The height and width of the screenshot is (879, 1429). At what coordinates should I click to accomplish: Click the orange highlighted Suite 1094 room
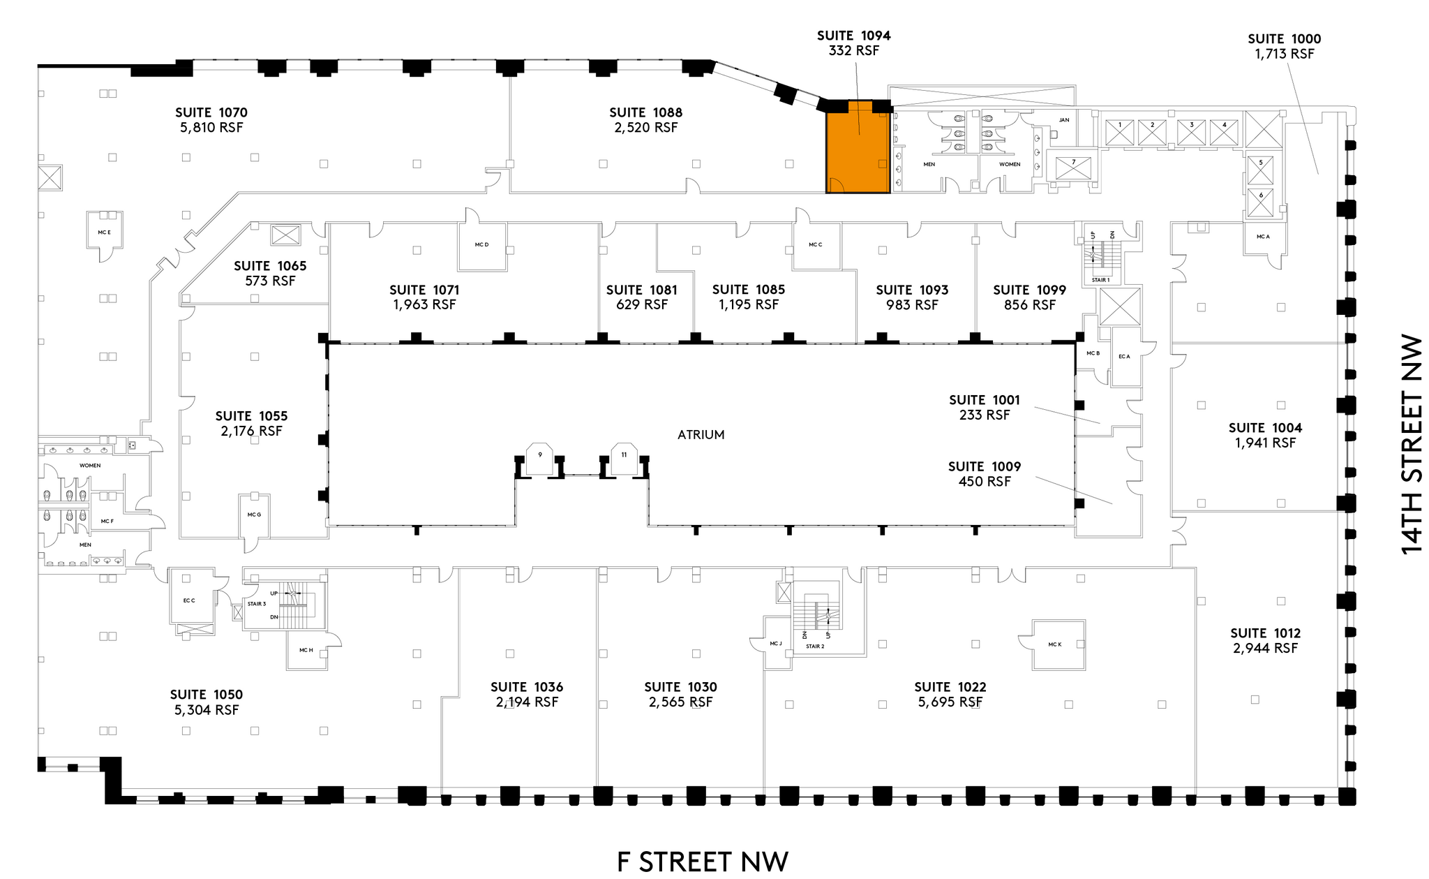coord(858,148)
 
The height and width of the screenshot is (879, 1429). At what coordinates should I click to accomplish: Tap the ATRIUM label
coord(701,434)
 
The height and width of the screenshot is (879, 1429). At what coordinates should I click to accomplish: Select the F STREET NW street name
coord(703,861)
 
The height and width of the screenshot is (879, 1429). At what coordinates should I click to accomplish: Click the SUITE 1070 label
coord(211,112)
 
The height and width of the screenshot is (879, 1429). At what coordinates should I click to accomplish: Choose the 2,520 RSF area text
coord(646,128)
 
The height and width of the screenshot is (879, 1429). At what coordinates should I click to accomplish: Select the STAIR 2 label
coord(815,647)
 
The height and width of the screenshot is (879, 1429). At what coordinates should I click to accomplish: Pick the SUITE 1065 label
coord(270,266)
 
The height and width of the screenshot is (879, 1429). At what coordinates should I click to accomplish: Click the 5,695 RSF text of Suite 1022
coord(950,702)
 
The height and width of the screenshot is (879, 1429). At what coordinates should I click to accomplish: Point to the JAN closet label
coord(1063,120)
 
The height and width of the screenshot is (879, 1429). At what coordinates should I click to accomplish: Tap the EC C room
coord(189,600)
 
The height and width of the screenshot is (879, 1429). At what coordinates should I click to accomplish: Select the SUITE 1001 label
coord(985,400)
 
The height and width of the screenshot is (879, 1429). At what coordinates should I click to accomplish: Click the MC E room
coord(105,231)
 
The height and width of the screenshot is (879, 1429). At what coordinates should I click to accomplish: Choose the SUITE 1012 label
coord(1265,633)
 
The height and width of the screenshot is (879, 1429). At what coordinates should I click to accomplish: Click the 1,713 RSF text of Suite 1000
coord(1285,54)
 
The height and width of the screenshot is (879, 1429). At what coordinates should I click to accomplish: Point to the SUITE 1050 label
coord(207,695)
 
